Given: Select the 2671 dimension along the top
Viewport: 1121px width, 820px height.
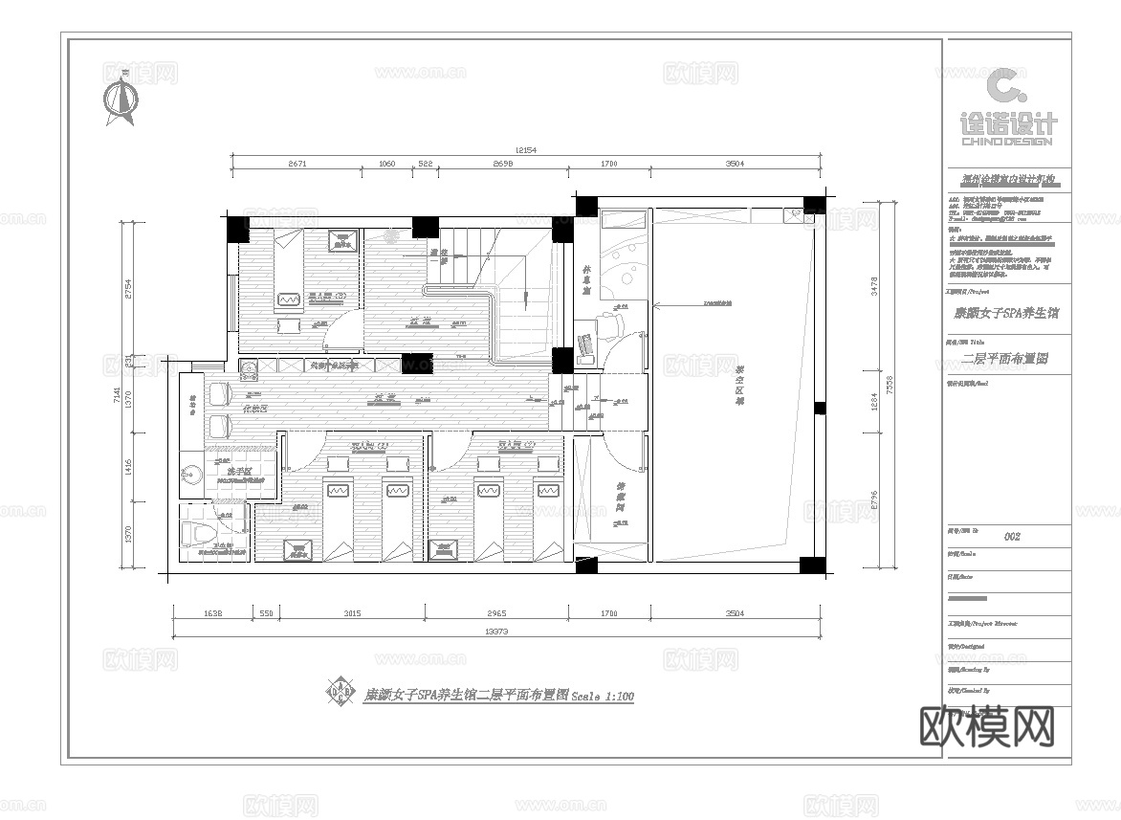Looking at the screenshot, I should coord(297,165).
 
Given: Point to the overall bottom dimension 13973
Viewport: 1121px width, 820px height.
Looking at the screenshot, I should coord(495,632).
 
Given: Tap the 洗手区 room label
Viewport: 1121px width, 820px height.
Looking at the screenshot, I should coord(237,472).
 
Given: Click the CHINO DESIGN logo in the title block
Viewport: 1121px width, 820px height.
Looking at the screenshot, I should coord(1006,110).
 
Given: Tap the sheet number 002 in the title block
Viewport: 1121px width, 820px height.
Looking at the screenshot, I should coord(1011,537).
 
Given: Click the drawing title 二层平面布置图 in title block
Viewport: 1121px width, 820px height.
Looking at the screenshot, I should coord(1006,360).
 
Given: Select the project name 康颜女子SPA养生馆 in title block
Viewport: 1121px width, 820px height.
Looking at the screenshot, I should coord(1006,312).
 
